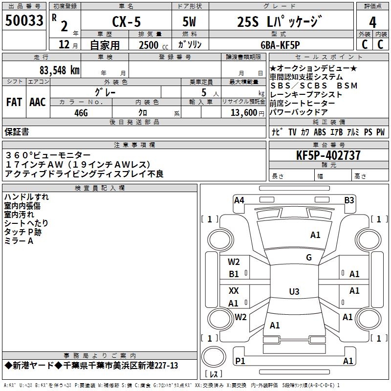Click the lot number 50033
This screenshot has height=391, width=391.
(24, 21)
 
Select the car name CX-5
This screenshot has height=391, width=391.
(125, 22)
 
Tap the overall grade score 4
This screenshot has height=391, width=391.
(372, 22)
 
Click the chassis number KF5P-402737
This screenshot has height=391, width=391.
(328, 155)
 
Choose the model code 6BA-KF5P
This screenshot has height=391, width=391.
(286, 45)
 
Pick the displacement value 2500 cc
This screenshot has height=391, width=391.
(150, 45)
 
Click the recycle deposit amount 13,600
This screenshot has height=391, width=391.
(245, 112)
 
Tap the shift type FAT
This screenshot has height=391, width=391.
(14, 102)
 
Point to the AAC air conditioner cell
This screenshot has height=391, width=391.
(38, 102)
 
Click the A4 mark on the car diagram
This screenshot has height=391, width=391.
(239, 200)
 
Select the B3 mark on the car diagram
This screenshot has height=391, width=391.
(349, 200)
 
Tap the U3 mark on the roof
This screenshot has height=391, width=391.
(294, 292)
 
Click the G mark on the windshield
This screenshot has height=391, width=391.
(309, 258)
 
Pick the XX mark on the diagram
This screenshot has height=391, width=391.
(234, 291)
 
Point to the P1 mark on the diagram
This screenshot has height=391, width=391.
(240, 361)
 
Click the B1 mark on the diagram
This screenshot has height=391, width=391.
(234, 274)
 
